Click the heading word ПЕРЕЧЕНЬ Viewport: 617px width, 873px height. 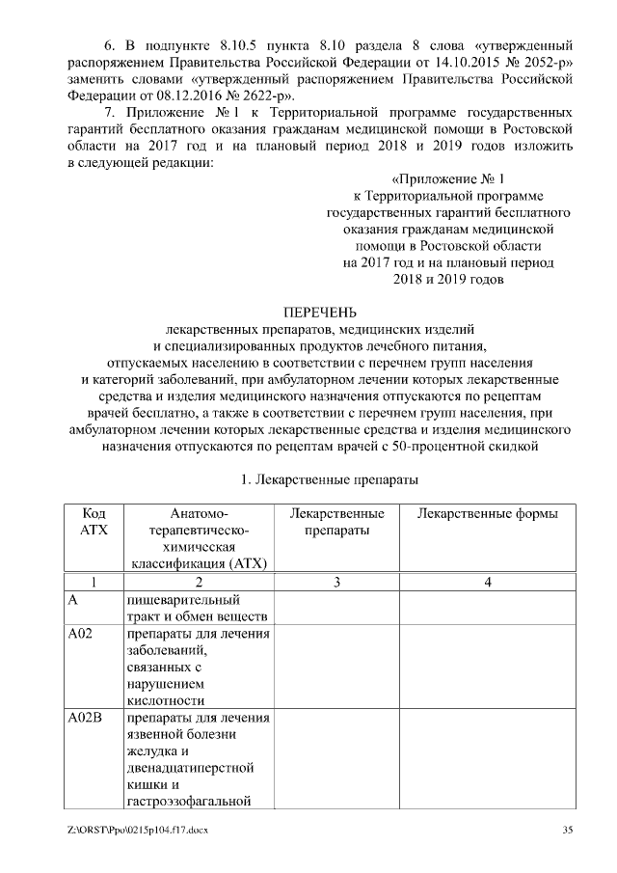coord(319,312)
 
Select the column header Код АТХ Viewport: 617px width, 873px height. coord(94,522)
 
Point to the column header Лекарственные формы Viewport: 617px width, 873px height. coord(487,513)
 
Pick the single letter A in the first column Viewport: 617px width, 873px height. coord(72,599)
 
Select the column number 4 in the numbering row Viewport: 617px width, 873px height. coord(488,581)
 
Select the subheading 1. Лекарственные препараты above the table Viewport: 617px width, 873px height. coord(319,478)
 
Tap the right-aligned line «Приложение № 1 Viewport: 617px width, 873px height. coord(448,179)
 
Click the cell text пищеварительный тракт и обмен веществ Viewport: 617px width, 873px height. coord(197,608)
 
